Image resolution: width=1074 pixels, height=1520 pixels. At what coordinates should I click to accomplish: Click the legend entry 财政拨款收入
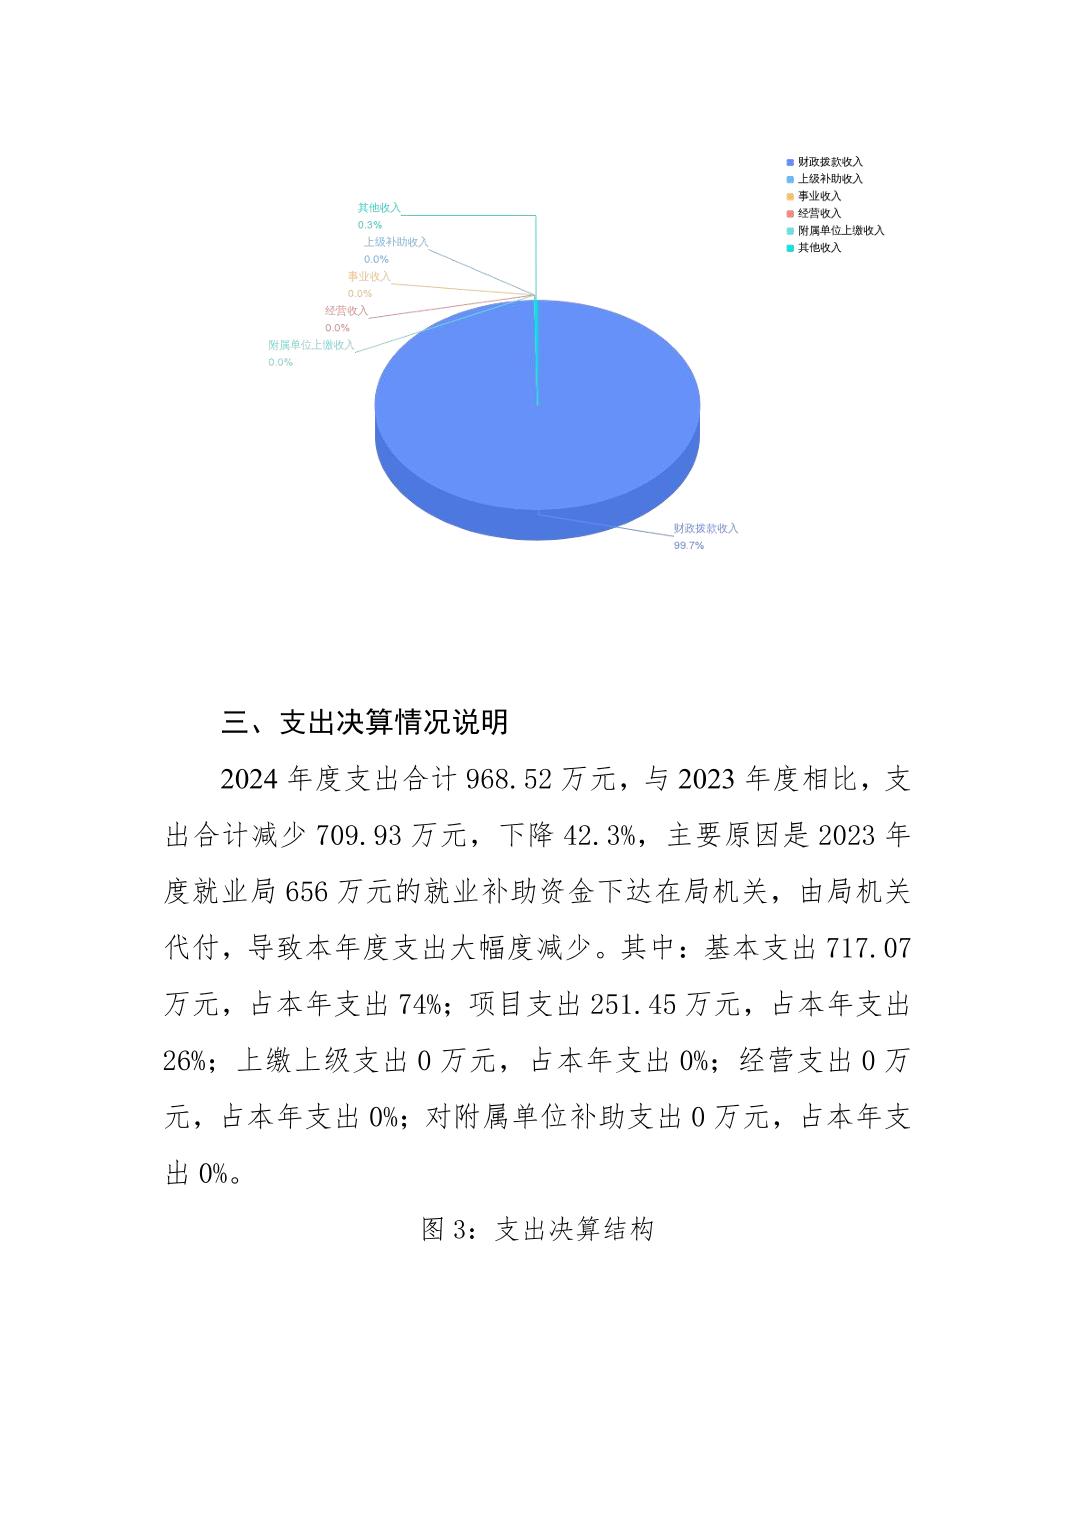tap(829, 162)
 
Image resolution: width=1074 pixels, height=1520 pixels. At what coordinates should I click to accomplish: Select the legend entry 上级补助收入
tap(829, 179)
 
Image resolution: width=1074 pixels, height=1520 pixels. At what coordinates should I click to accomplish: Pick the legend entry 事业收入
tap(819, 196)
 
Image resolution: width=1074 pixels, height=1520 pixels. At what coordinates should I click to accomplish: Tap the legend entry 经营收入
tap(819, 213)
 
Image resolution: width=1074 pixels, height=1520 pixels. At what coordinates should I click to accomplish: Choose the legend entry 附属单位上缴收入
tap(840, 230)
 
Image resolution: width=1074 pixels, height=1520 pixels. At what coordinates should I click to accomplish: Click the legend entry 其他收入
tap(819, 247)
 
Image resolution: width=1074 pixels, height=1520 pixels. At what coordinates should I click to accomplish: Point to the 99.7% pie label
tap(688, 546)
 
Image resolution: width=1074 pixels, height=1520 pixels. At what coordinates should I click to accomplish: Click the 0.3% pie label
tap(370, 225)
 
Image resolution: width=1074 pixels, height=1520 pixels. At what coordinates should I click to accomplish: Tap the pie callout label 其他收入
tap(379, 208)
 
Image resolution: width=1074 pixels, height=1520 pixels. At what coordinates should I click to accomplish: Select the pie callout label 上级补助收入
tap(395, 242)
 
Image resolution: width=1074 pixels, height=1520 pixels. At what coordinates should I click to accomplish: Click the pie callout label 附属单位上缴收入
tap(311, 345)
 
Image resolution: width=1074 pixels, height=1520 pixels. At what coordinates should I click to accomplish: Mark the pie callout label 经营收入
tap(346, 311)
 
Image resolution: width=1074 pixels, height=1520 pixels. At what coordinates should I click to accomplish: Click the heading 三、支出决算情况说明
tap(365, 722)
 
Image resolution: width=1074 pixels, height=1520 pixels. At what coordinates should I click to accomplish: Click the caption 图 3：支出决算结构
tap(538, 1229)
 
